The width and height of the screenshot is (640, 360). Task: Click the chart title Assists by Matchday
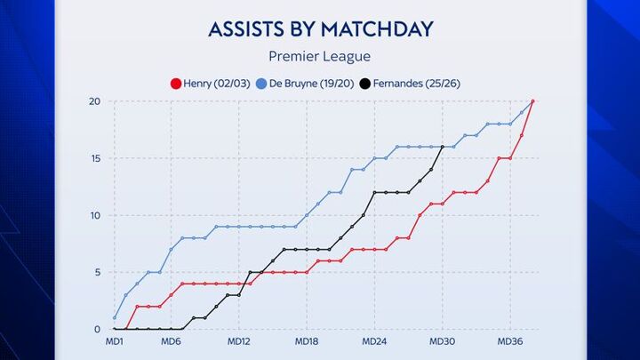[320, 28]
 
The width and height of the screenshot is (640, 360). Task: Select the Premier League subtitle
[320, 57]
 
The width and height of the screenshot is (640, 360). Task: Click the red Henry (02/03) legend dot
[175, 84]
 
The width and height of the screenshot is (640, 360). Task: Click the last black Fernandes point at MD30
[443, 147]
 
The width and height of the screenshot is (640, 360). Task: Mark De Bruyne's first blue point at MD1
[115, 318]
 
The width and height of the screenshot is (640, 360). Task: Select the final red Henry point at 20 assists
[532, 101]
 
